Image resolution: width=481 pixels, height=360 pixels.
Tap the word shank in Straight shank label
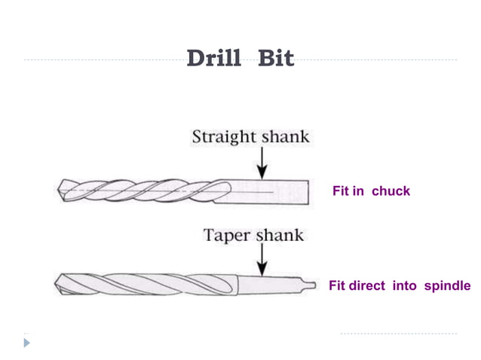click(285, 137)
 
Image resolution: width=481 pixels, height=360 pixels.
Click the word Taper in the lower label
click(228, 235)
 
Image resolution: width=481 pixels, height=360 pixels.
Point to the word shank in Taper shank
click(279, 235)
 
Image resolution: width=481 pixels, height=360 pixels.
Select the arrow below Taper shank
click(262, 260)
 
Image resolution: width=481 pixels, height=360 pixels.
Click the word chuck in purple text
click(391, 191)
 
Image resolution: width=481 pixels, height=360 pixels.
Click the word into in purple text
click(405, 286)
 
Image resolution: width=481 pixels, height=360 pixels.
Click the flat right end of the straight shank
click(308, 191)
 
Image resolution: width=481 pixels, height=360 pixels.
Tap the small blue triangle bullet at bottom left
click(28, 343)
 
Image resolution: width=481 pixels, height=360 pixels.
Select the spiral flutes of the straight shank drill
click(143, 191)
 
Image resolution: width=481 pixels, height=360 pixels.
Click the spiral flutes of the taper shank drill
click(151, 285)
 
